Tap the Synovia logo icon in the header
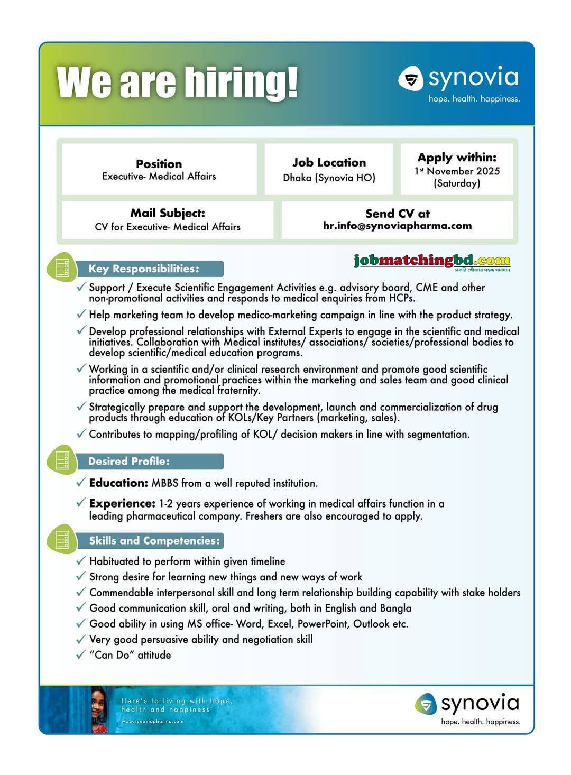(x=411, y=79)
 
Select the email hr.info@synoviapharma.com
(x=397, y=226)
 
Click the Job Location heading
(x=329, y=162)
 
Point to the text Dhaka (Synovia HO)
(x=329, y=178)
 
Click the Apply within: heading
(x=457, y=158)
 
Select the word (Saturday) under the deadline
(x=457, y=183)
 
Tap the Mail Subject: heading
(x=168, y=213)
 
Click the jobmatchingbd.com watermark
(x=432, y=261)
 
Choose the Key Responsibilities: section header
(x=144, y=269)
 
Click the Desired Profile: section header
(x=129, y=461)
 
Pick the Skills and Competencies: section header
(x=154, y=540)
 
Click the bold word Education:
(x=118, y=483)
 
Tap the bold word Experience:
(x=122, y=503)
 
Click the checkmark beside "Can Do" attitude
(x=81, y=654)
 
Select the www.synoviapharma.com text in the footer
(x=152, y=721)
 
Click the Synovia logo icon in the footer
(x=426, y=704)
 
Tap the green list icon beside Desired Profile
(x=62, y=460)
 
